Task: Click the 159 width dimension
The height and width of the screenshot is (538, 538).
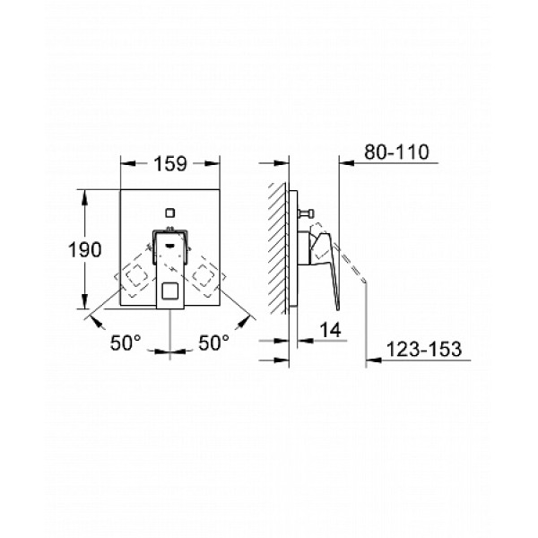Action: click(170, 164)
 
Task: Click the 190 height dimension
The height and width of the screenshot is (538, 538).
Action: click(85, 249)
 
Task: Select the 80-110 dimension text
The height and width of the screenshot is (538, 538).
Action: click(396, 152)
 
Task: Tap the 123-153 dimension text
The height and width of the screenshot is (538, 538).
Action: click(424, 350)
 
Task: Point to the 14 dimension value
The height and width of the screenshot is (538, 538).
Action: click(330, 330)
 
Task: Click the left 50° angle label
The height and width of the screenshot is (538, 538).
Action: click(126, 343)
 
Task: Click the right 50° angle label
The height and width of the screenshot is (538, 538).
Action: click(213, 343)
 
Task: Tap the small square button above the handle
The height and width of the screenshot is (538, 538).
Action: click(169, 213)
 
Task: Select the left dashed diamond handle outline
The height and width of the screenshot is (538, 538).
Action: click(136, 275)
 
